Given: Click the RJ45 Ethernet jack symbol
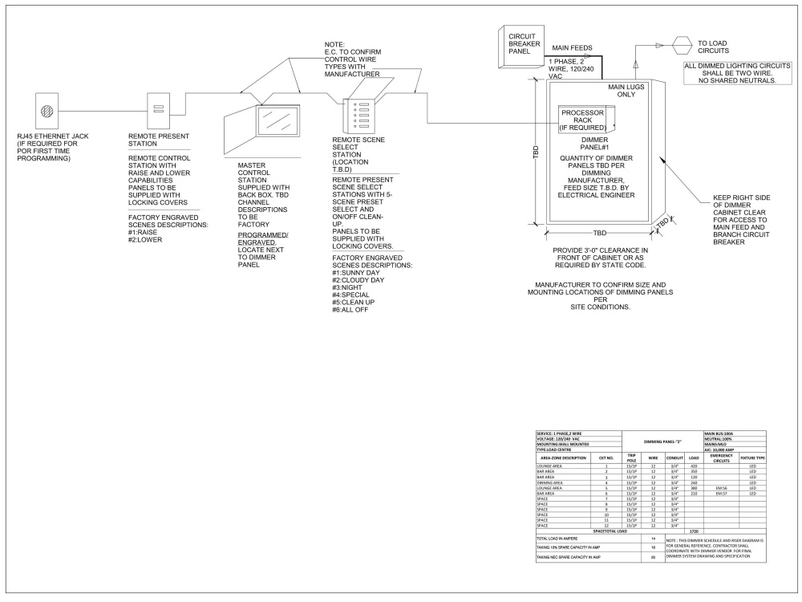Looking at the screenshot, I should click(48, 110).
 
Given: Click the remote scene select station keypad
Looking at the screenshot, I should click(354, 116).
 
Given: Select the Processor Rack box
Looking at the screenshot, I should click(581, 120).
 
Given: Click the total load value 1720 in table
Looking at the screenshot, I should click(695, 531).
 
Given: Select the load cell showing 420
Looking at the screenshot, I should click(695, 466).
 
